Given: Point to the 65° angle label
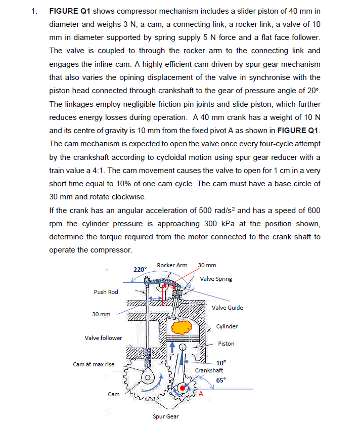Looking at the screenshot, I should (221, 380).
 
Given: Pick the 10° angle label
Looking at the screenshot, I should (221, 363).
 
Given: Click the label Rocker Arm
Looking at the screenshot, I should (172, 265).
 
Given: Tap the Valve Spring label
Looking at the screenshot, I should (216, 279).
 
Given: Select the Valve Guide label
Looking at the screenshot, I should (227, 308).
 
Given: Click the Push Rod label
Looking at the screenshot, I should (106, 292).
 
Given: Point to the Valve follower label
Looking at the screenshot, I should (104, 338).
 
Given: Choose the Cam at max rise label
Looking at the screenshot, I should (94, 364).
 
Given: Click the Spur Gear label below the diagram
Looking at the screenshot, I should (165, 416).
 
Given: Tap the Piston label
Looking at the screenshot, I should (226, 344).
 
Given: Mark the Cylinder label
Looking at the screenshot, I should (227, 326).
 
